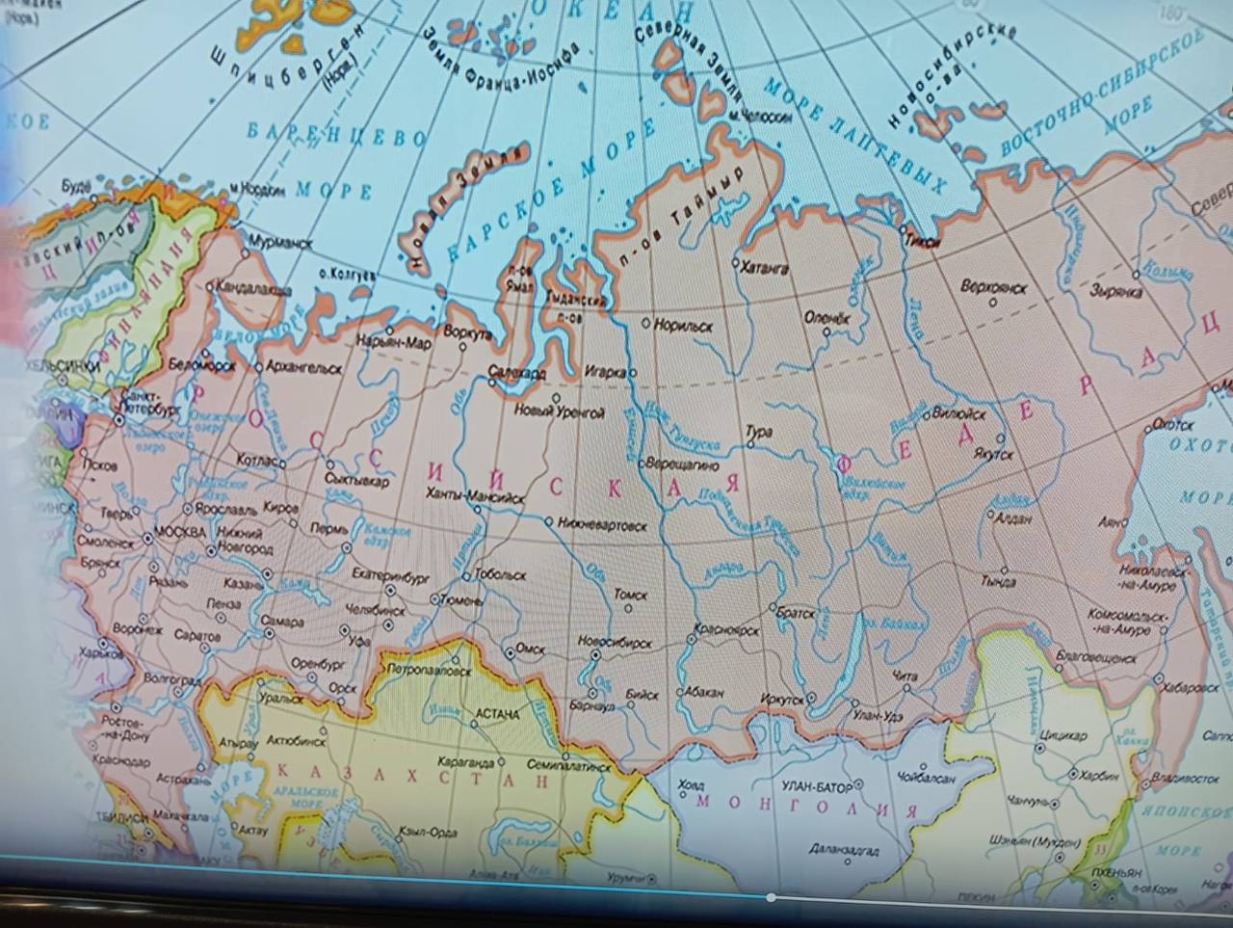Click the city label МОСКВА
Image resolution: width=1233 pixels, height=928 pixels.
[x=180, y=533]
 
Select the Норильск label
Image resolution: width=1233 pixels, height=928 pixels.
[x=683, y=327]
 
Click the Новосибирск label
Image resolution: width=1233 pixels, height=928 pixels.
[x=615, y=643]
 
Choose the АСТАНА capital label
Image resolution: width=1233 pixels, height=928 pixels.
[x=497, y=714]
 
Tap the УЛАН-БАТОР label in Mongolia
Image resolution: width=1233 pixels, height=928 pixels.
[x=817, y=787]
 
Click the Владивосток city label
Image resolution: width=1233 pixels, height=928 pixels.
[x=1184, y=779]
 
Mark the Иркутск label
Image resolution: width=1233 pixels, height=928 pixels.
[x=781, y=700]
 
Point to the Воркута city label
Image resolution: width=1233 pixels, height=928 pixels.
[x=468, y=333]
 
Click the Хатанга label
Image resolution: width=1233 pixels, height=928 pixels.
[x=765, y=269]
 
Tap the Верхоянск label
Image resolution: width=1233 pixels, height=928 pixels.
[x=994, y=287]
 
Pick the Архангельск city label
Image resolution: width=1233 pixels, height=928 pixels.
[x=304, y=368]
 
